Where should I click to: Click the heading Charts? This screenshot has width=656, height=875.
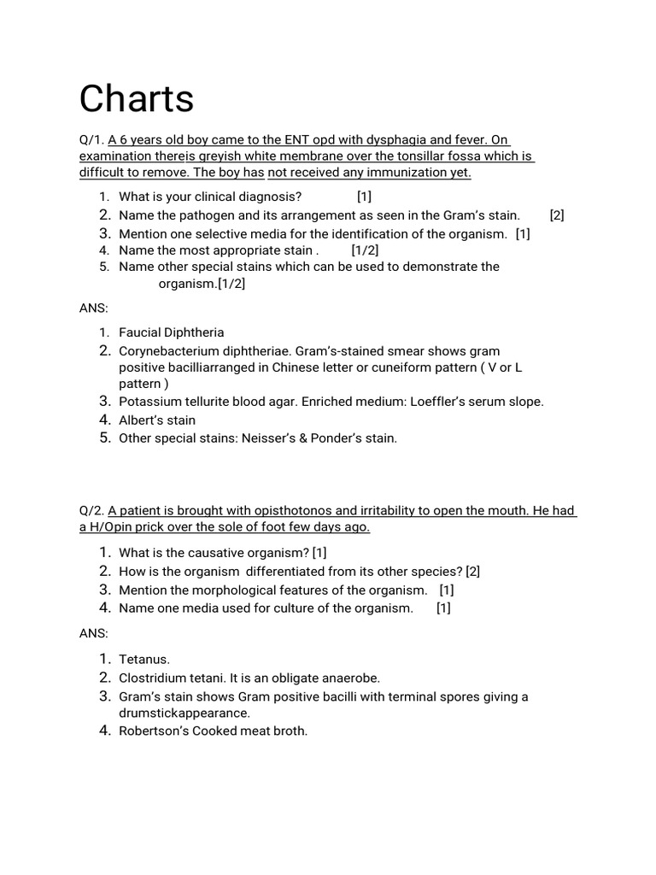tap(137, 100)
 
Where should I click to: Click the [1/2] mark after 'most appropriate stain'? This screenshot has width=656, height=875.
tap(365, 250)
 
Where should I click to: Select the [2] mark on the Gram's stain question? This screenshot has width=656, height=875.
tap(557, 216)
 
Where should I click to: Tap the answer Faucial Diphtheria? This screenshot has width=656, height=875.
tap(171, 332)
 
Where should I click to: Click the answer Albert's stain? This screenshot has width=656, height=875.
tap(157, 420)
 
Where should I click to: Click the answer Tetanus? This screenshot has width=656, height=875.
tap(144, 659)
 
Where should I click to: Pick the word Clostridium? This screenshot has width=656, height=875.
tap(153, 678)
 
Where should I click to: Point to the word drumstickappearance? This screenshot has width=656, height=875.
tap(184, 713)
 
